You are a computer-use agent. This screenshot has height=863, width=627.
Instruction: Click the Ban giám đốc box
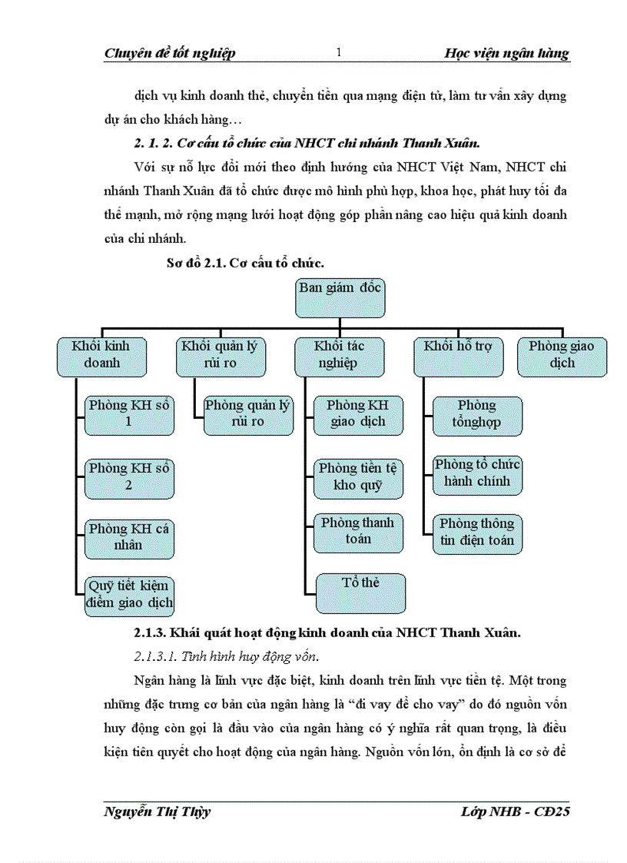tap(340, 297)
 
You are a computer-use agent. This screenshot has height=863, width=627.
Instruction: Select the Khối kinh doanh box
tap(101, 356)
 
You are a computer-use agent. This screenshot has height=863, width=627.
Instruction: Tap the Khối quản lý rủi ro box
tap(221, 356)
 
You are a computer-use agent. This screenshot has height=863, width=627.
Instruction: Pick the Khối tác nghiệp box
tap(340, 356)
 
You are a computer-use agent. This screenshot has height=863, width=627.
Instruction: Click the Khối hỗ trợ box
tap(459, 356)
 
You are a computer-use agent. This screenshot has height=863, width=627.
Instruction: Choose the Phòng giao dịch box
tap(562, 356)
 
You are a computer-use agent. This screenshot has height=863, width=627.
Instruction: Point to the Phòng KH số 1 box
tap(129, 414)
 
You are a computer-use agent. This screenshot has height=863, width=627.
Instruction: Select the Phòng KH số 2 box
tap(129, 477)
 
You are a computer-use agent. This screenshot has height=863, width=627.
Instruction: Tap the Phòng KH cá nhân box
tap(129, 537)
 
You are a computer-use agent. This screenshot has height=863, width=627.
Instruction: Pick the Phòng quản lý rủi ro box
tap(247, 414)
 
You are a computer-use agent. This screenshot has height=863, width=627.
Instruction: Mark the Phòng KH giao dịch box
tap(358, 414)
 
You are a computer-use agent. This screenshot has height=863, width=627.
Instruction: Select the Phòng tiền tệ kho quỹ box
tap(358, 477)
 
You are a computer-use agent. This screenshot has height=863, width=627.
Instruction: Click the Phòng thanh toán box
tap(358, 532)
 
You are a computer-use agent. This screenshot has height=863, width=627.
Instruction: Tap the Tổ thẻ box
tap(361, 592)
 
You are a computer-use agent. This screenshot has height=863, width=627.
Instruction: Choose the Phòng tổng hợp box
tap(477, 415)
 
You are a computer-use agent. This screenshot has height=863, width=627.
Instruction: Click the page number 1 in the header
tap(339, 52)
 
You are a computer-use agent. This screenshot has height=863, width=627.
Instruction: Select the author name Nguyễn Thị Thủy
tap(156, 812)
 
